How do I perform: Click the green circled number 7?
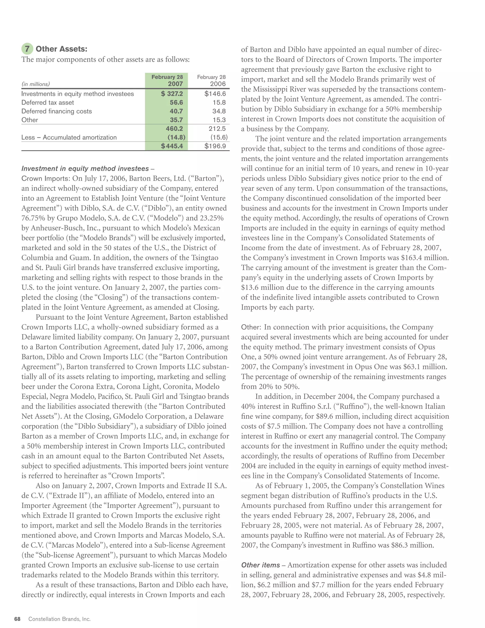tap(27, 49)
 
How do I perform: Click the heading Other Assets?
tap(61, 49)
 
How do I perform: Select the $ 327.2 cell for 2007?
tap(172, 94)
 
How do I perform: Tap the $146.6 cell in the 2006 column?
tap(215, 94)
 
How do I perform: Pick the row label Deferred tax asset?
tap(47, 103)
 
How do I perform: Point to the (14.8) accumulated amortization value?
tap(176, 137)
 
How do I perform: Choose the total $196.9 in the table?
tap(215, 146)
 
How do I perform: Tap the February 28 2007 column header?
tap(167, 81)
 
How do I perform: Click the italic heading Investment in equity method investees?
tap(85, 168)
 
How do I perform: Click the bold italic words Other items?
tap(260, 565)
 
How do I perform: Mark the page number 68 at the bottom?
tap(17, 619)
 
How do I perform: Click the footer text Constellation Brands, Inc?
tap(59, 619)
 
